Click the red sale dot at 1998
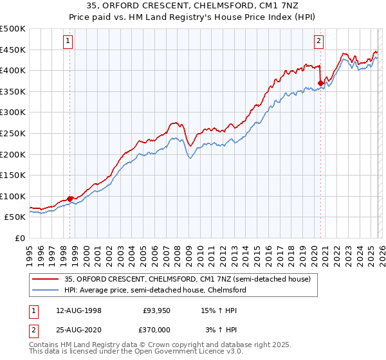[x=69, y=199]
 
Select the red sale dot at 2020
[x=320, y=83]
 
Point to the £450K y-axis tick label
[x=13, y=50]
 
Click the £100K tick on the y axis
[x=13, y=196]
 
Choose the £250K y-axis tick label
[x=13, y=133]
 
